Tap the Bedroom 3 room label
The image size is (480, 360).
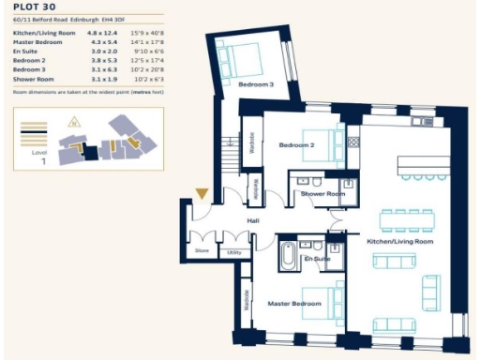coord(256,85)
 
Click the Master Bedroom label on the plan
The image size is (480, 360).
coord(291,303)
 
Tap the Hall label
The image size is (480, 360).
coord(252,221)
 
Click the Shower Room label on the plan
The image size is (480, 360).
coord(319,194)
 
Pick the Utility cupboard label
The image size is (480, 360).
coord(232,251)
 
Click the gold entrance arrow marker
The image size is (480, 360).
coord(201,194)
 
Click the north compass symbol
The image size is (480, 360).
coord(73,120)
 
